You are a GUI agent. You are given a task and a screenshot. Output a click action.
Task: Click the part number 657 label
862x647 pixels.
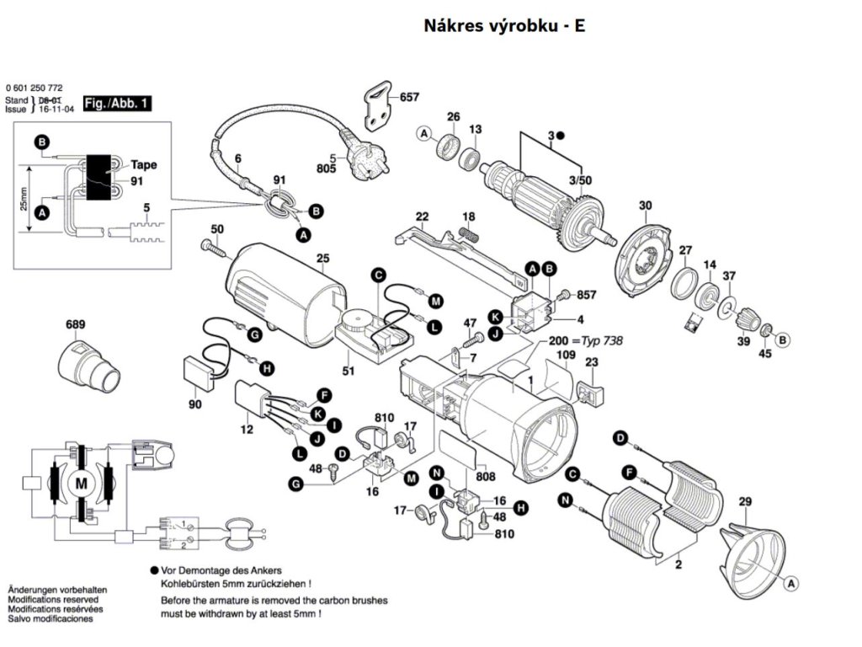pyautogui.click(x=409, y=98)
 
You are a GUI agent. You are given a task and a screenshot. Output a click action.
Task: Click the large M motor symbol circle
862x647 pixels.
pyautogui.click(x=82, y=483)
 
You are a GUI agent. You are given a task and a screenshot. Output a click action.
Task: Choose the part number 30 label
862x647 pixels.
pyautogui.click(x=646, y=206)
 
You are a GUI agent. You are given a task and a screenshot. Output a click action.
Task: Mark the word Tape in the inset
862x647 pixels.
pyautogui.click(x=143, y=165)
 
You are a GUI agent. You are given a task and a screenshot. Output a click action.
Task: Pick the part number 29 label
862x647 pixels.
pyautogui.click(x=744, y=503)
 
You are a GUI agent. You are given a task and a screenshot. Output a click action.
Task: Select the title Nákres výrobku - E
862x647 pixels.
pyautogui.click(x=503, y=25)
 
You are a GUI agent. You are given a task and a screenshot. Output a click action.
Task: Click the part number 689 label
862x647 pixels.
pyautogui.click(x=76, y=324)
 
